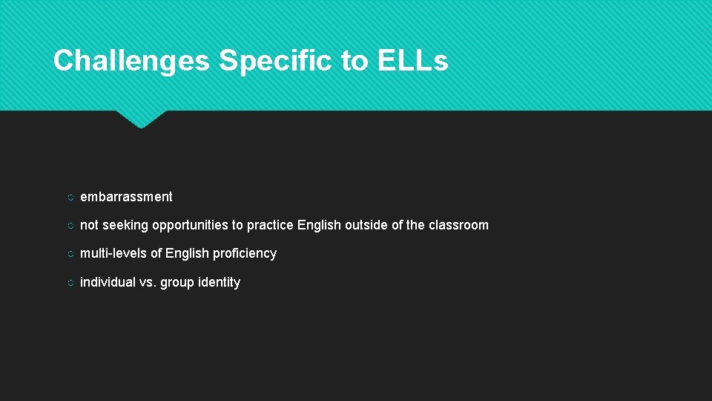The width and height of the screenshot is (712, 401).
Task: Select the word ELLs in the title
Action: tap(412, 60)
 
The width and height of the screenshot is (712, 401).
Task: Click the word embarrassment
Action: tap(126, 197)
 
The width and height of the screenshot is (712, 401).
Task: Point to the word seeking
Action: tap(125, 225)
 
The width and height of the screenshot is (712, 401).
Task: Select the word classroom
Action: tap(458, 225)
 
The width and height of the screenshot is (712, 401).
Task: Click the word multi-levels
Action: tap(113, 253)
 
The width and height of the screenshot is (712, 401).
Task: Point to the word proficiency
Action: tap(244, 253)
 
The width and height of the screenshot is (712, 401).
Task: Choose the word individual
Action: tap(108, 282)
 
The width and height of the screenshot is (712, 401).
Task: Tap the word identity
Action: tap(219, 282)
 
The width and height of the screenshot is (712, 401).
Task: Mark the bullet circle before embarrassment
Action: tap(68, 198)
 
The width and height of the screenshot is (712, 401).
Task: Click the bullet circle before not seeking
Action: tap(68, 226)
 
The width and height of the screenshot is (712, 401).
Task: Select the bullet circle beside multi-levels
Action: tap(68, 254)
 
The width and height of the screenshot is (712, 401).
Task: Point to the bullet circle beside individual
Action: tap(68, 283)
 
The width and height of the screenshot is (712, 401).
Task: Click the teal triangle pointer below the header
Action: tap(141, 118)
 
